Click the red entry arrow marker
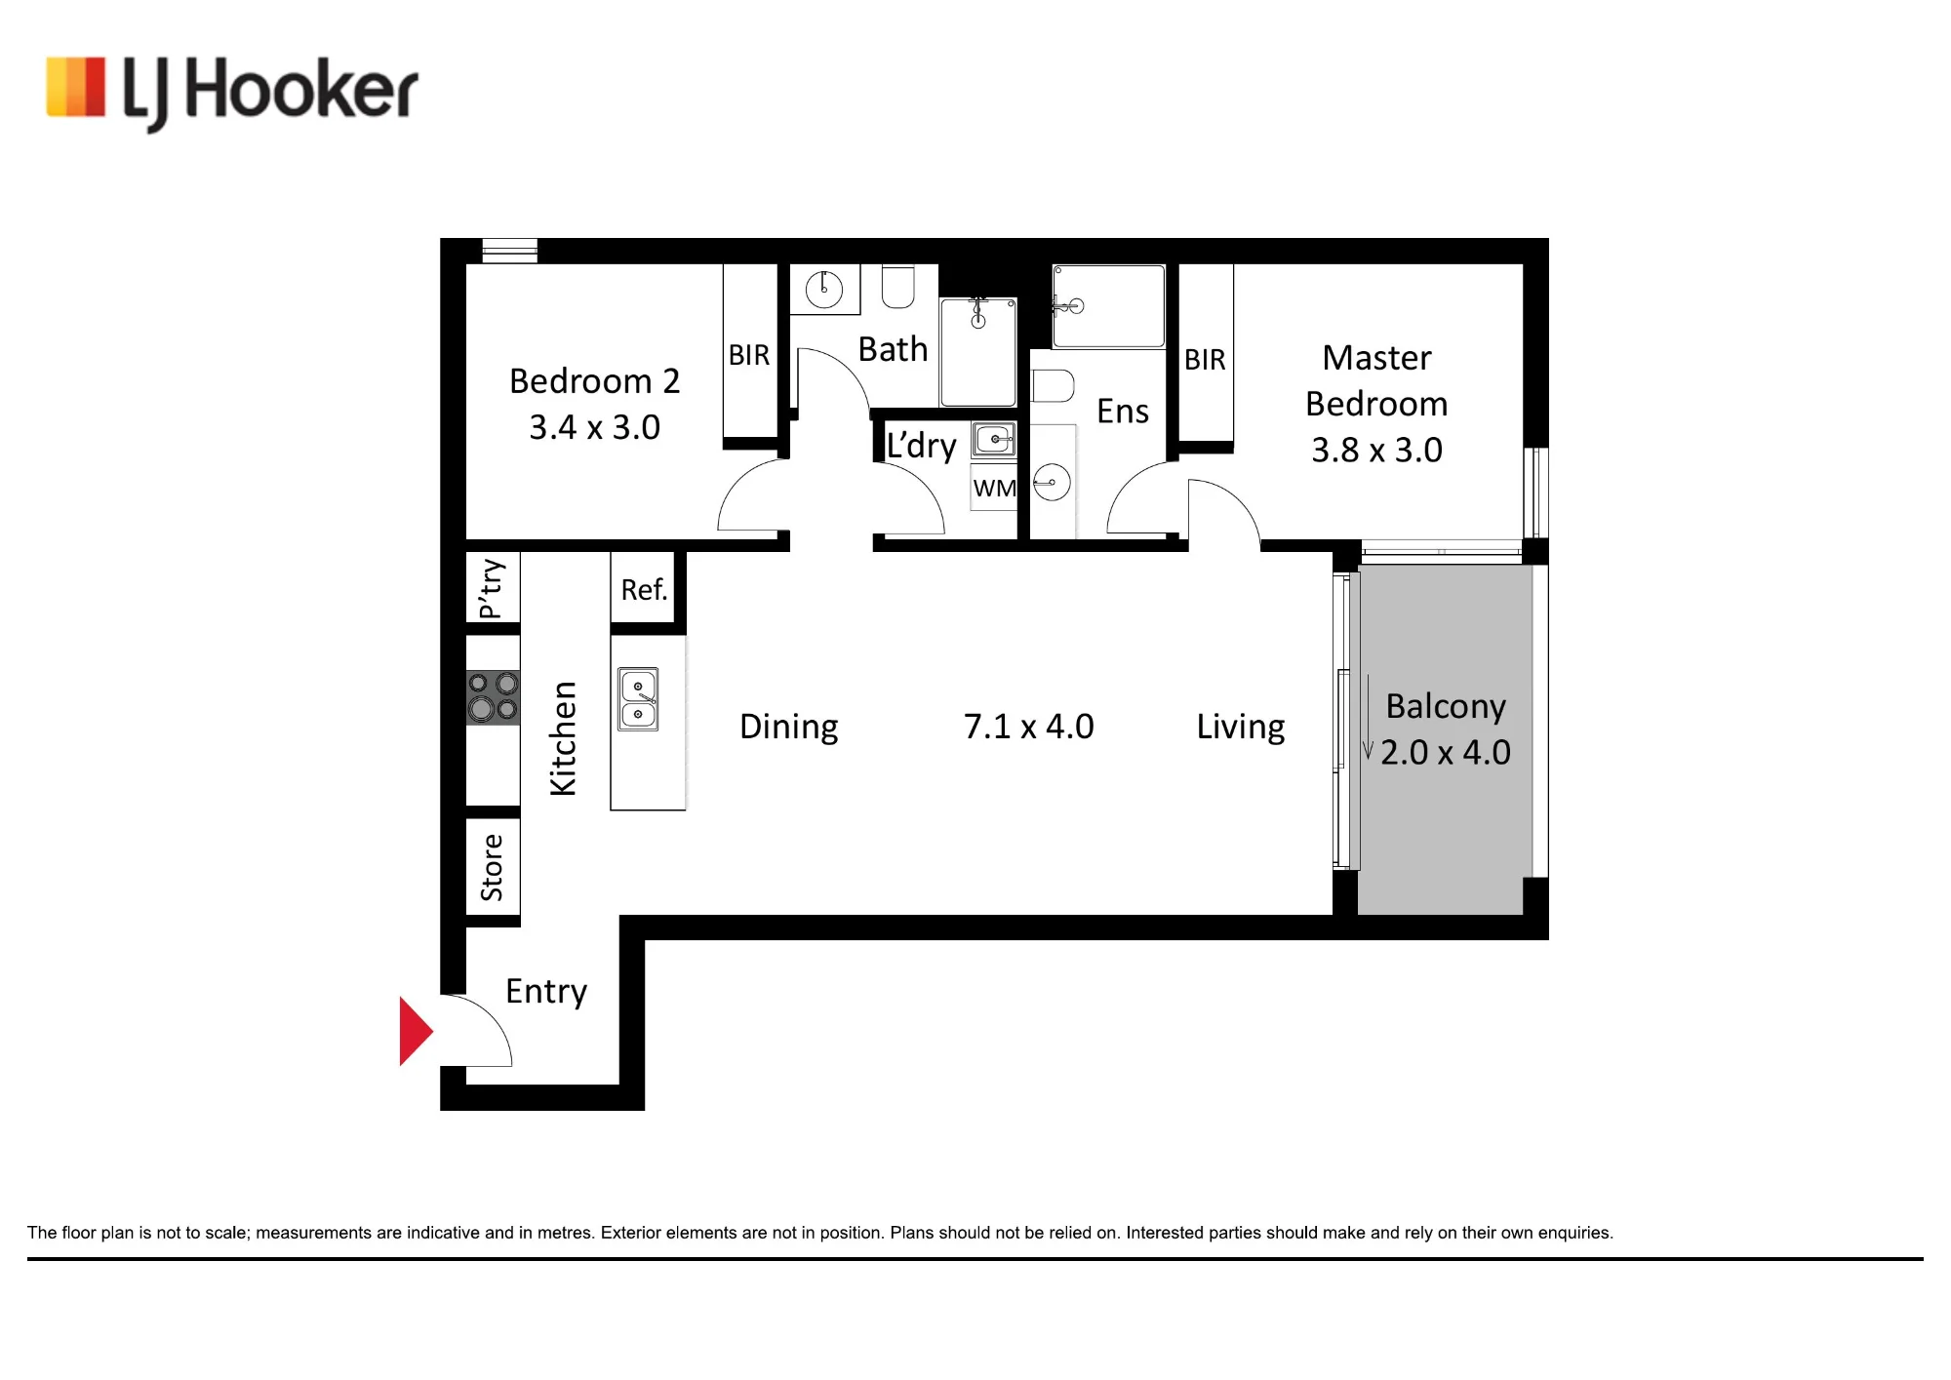[x=416, y=1031]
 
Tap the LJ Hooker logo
[x=232, y=92]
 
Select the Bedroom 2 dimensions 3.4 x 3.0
[x=595, y=427]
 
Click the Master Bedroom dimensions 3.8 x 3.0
[x=1376, y=450]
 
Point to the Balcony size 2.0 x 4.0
[x=1446, y=752]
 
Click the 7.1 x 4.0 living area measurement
[x=1029, y=727]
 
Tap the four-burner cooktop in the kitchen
[x=493, y=696]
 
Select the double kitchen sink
[x=638, y=699]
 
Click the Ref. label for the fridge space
[x=644, y=590]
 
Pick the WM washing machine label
[x=994, y=488]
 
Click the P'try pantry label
[x=492, y=588]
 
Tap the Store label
[x=492, y=867]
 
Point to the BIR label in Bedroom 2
[x=749, y=355]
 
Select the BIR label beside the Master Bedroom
[x=1205, y=360]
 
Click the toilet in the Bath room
[x=897, y=286]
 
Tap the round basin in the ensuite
[x=1052, y=482]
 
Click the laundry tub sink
[x=994, y=439]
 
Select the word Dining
[x=789, y=728]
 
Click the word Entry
[x=546, y=993]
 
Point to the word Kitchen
[x=564, y=738]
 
